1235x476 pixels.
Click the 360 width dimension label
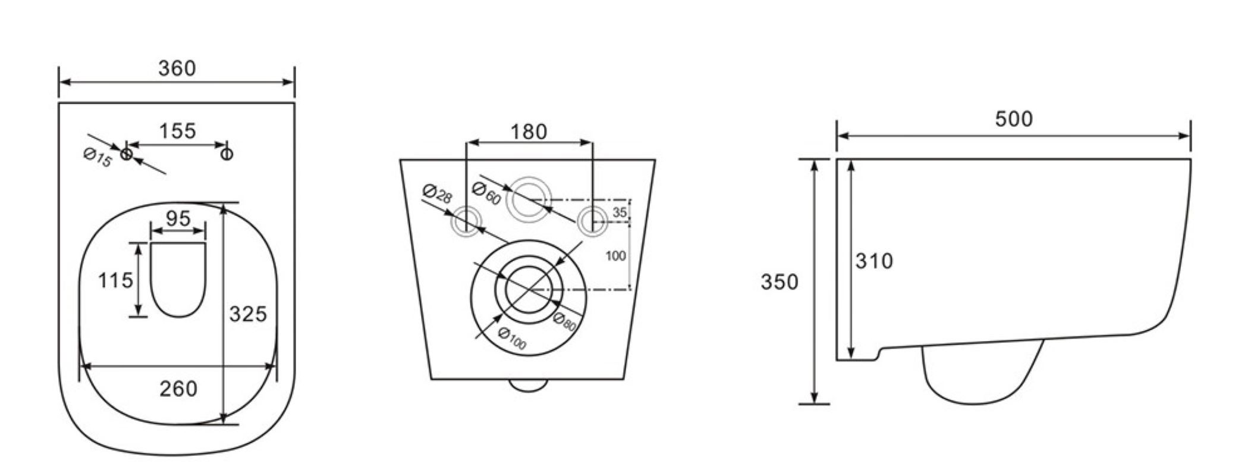177,68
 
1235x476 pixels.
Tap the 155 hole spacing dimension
178,131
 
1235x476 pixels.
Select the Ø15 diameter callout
98,158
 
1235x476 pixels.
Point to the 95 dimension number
178,218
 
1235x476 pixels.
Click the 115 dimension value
115,280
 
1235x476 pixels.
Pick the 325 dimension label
248,314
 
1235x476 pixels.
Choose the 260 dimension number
178,389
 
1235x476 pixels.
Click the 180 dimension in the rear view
529,131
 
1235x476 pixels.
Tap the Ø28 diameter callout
437,194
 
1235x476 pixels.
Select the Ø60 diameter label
486,193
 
